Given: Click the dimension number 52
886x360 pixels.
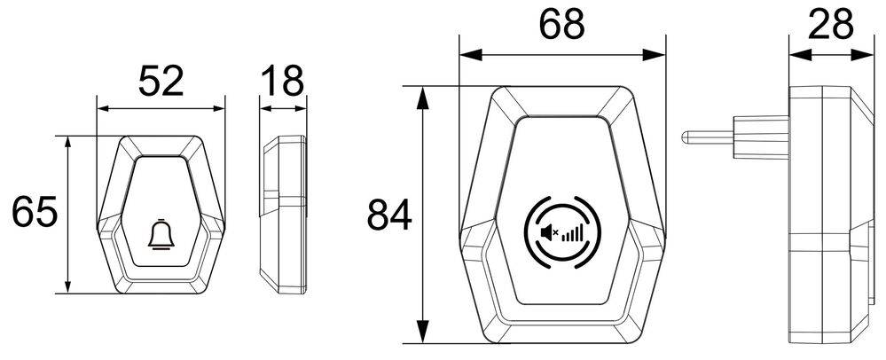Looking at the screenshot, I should (161, 82).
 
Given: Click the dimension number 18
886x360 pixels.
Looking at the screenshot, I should (282, 82).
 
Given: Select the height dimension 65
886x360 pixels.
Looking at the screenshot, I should (35, 214).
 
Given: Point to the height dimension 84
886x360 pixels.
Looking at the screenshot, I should (390, 215).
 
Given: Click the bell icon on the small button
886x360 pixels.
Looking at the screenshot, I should (161, 235).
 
